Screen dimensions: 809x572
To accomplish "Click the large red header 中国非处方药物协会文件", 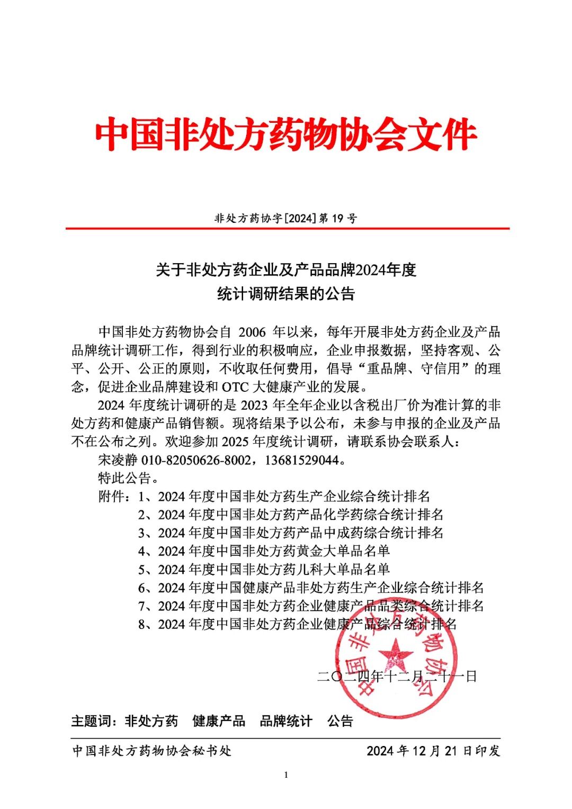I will [286, 134].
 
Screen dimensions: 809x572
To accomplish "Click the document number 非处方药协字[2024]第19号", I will [286, 218].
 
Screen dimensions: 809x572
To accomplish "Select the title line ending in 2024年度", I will [286, 270].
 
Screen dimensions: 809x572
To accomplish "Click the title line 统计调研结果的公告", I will [286, 294].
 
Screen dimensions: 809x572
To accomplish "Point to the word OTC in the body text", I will [235, 387].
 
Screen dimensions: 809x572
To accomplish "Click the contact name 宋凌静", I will [118, 460].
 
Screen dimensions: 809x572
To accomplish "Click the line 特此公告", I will [128, 478].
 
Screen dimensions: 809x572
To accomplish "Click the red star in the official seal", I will [396, 655].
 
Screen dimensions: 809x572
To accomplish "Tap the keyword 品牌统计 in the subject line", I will [286, 721].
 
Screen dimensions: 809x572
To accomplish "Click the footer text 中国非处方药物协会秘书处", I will [151, 751].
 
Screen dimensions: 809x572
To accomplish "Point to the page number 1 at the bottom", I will [286, 775].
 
